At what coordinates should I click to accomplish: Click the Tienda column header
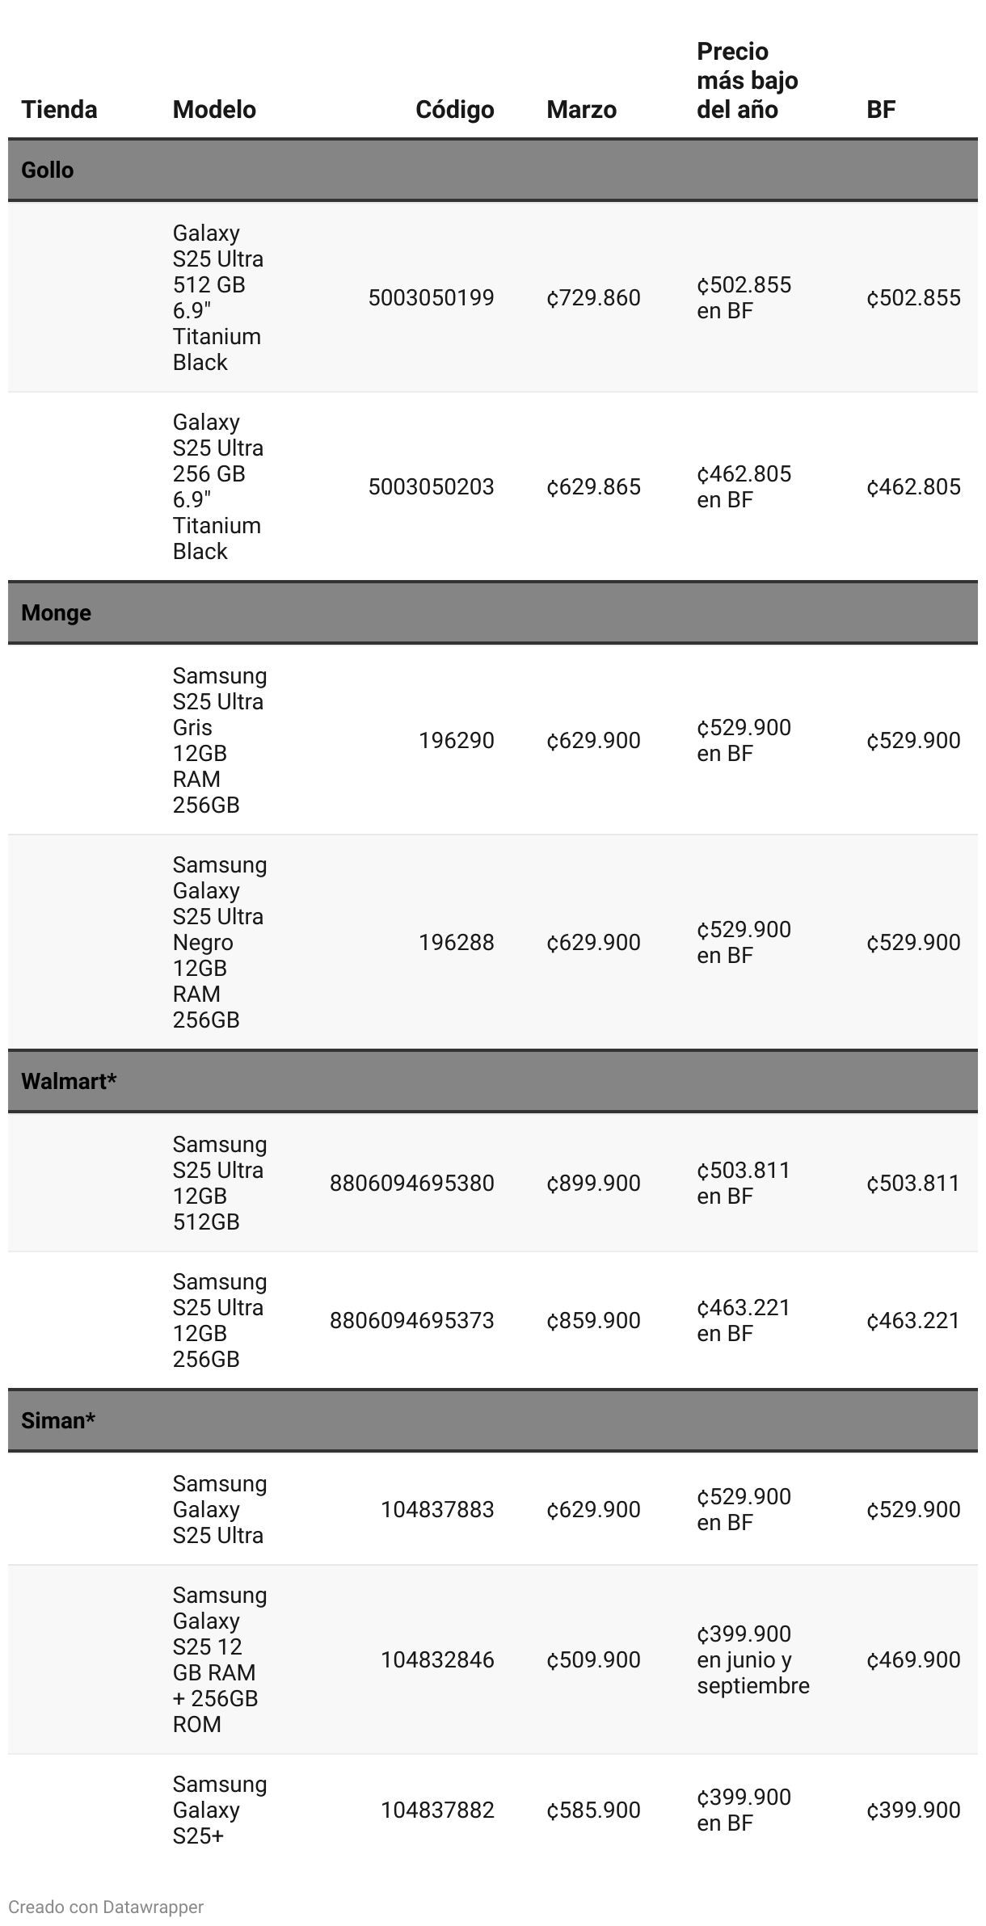coord(59,109)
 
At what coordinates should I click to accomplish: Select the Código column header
coord(454,109)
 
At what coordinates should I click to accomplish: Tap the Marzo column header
coord(581,109)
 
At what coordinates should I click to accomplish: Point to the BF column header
coord(880,109)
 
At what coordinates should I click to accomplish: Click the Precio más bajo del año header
coord(747,81)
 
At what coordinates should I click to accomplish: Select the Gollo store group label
coord(48,170)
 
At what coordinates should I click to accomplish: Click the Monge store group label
coord(56,612)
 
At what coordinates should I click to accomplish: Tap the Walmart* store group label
coord(69,1081)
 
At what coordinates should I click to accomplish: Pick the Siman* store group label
coord(58,1420)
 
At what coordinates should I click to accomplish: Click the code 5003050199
coord(431,297)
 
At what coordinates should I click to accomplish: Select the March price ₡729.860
coord(593,297)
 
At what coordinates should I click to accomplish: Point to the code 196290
coord(456,740)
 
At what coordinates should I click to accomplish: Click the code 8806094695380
coord(411,1183)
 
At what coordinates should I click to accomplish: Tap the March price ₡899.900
coord(593,1183)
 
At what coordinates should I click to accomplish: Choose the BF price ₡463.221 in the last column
coord(913,1320)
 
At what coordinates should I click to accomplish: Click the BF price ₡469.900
coord(913,1659)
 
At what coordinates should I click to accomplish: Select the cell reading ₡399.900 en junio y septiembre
coord(752,1659)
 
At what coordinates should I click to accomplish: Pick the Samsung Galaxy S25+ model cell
coord(219,1810)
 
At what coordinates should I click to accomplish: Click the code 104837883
coord(437,1509)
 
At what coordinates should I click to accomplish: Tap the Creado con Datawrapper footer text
coord(106,1907)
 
